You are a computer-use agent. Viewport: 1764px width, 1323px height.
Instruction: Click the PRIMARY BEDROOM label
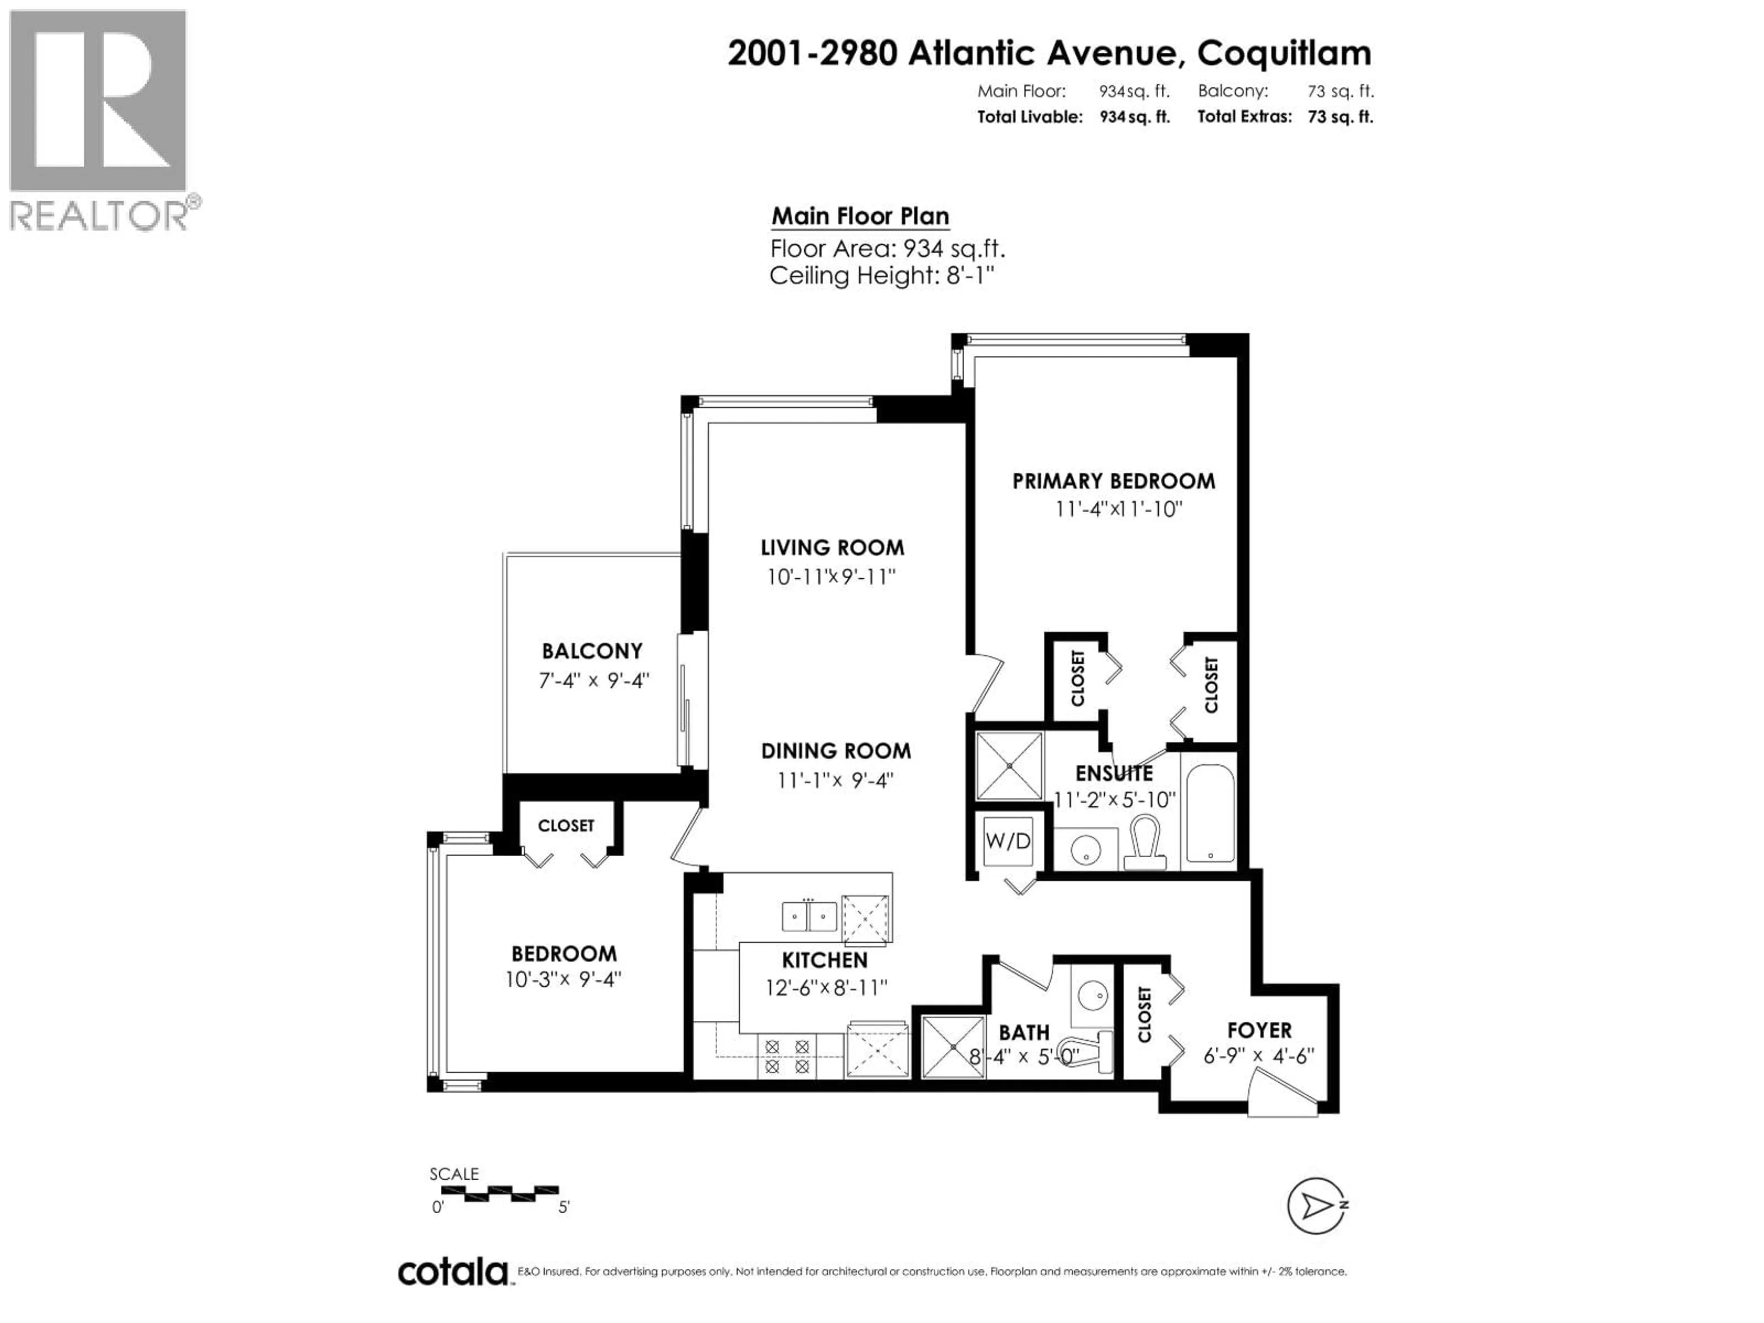click(x=1113, y=481)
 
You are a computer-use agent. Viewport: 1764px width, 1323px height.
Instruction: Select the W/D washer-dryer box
click(x=1008, y=841)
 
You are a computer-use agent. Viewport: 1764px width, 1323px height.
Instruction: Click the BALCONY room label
click(x=592, y=651)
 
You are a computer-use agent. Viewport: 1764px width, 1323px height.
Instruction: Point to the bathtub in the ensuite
click(x=1210, y=814)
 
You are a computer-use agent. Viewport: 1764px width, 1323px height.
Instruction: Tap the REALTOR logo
click(x=99, y=119)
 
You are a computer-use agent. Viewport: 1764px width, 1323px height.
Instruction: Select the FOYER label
click(x=1259, y=1030)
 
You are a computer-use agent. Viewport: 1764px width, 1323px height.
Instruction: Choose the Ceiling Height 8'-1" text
click(x=882, y=276)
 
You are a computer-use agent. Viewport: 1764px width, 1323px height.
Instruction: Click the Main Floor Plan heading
click(x=859, y=216)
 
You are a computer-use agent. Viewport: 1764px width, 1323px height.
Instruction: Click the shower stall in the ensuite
click(x=1009, y=766)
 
